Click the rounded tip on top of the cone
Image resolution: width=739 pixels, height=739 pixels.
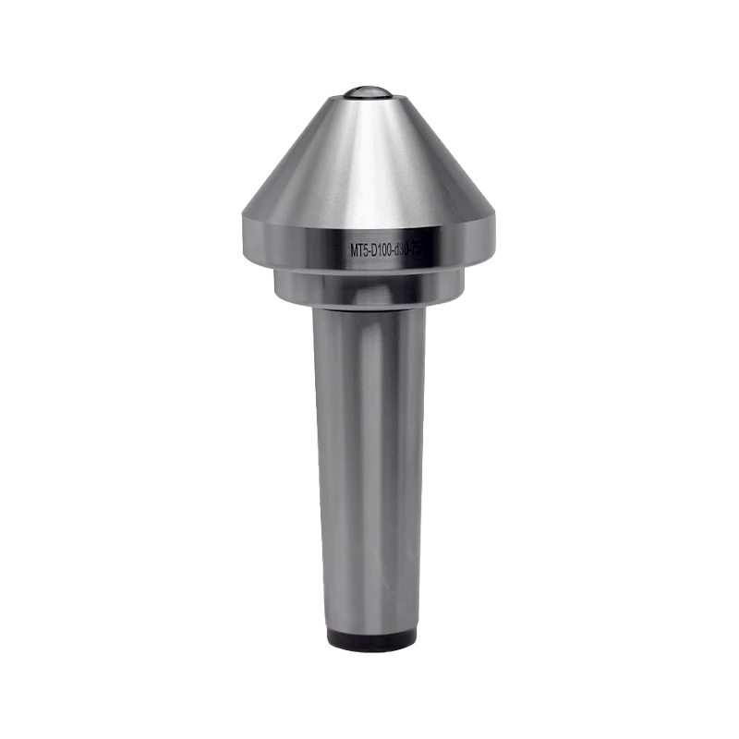point(369,91)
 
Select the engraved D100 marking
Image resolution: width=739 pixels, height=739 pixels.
point(387,249)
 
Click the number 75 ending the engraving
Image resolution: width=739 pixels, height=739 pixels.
point(429,249)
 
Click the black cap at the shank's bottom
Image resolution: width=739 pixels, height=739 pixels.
point(369,642)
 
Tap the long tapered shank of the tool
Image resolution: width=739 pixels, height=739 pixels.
point(369,462)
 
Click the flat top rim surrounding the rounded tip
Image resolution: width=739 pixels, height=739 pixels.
point(369,98)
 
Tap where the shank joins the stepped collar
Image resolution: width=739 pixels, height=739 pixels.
point(369,308)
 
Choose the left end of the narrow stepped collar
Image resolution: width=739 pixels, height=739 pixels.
point(274,285)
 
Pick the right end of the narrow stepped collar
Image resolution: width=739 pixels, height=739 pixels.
point(463,285)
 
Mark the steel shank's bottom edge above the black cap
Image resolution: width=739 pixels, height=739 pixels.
point(369,628)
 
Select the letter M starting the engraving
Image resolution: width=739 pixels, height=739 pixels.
point(355,249)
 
